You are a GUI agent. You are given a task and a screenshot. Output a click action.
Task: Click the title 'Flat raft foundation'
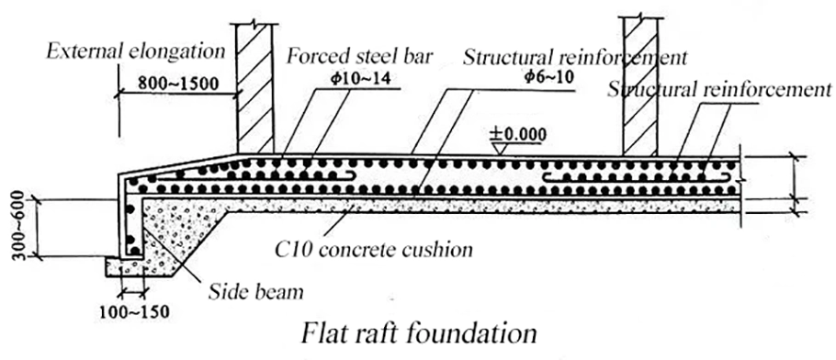(x=419, y=333)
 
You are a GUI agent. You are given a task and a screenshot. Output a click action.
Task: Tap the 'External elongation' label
(x=136, y=51)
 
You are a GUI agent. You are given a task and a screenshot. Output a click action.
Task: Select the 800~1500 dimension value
(x=175, y=83)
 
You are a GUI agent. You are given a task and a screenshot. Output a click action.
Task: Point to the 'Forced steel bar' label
(x=359, y=57)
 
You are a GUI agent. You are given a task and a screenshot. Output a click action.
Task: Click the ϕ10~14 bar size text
(x=361, y=78)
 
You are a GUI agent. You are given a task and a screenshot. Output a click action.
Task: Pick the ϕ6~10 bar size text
(x=548, y=77)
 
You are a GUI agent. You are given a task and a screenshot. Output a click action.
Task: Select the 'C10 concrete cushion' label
(x=374, y=249)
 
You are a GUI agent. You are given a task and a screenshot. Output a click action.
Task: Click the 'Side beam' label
(x=255, y=291)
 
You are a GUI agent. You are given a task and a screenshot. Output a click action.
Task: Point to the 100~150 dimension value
(x=134, y=311)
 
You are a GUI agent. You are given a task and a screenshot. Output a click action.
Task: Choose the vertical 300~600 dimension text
(x=18, y=225)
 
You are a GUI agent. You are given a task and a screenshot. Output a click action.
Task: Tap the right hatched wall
(x=640, y=85)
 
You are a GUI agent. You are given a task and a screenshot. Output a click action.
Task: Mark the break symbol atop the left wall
(x=254, y=24)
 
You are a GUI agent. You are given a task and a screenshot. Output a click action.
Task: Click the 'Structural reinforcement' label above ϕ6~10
(x=575, y=57)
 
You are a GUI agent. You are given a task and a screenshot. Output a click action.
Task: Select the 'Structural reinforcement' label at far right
(x=719, y=90)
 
